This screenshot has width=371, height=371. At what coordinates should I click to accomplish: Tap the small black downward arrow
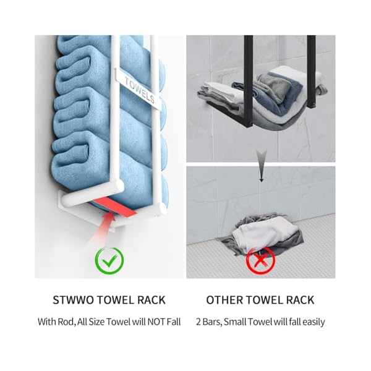click(260, 176)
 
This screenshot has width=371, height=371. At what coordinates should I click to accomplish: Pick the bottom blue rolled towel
click(93, 176)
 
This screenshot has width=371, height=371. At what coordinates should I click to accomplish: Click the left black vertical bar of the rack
click(248, 68)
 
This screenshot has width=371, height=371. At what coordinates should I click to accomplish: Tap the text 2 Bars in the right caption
click(206, 322)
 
